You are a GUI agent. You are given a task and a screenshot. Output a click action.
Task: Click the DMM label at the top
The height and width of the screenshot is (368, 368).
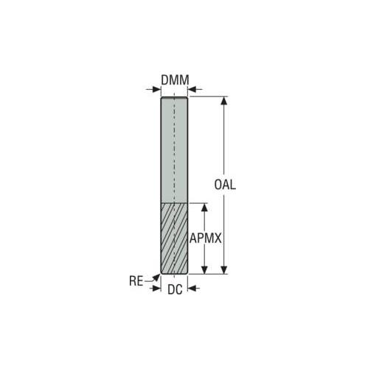[x=175, y=80]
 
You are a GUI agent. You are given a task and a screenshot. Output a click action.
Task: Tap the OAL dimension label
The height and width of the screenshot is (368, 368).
[x=225, y=185]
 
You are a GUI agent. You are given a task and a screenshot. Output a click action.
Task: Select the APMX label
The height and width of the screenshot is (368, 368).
[x=206, y=238]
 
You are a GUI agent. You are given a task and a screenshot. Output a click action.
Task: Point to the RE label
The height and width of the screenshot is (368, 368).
[x=136, y=281]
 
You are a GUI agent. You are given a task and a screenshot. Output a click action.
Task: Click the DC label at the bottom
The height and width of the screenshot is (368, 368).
[x=175, y=290]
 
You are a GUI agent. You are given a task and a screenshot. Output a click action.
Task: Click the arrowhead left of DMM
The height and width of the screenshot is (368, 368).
[x=156, y=89]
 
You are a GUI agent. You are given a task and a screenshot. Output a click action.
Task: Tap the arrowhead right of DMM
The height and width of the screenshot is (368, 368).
[x=192, y=89]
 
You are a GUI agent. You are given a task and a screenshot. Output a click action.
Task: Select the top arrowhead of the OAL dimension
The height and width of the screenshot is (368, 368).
[x=223, y=101]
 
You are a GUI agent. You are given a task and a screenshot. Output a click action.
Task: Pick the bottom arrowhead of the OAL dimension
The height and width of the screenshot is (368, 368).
[x=223, y=269]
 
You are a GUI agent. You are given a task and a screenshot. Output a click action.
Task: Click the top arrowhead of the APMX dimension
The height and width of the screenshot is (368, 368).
[x=204, y=208]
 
